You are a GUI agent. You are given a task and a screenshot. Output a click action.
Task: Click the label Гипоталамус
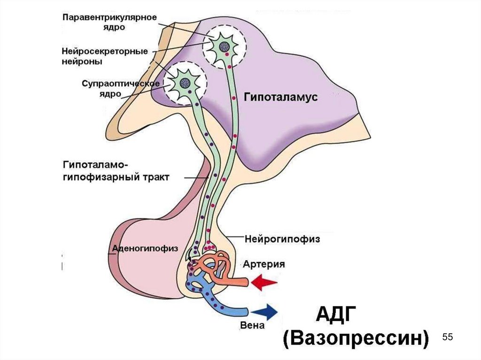(x=281, y=97)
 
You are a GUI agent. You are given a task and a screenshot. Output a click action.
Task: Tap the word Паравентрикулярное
(x=109, y=17)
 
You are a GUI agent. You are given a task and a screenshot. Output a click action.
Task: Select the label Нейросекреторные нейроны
(x=105, y=56)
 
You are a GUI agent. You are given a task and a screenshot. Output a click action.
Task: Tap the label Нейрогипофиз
(x=282, y=239)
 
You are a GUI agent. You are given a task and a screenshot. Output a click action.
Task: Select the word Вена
(x=253, y=325)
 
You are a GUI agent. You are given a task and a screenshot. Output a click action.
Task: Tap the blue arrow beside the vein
(x=265, y=311)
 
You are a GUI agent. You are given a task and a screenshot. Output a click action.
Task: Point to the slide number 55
(x=447, y=337)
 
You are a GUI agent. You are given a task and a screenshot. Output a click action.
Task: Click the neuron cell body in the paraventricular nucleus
(x=224, y=46)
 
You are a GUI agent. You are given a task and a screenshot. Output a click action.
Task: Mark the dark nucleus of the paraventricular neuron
(x=225, y=46)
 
